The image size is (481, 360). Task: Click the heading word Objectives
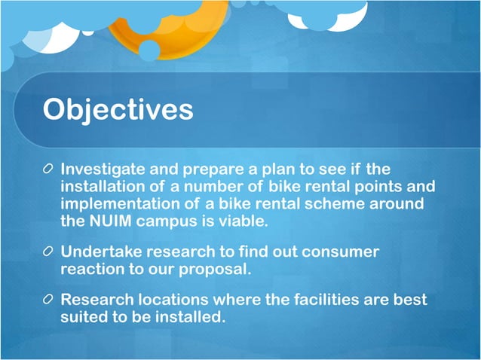click(118, 110)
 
